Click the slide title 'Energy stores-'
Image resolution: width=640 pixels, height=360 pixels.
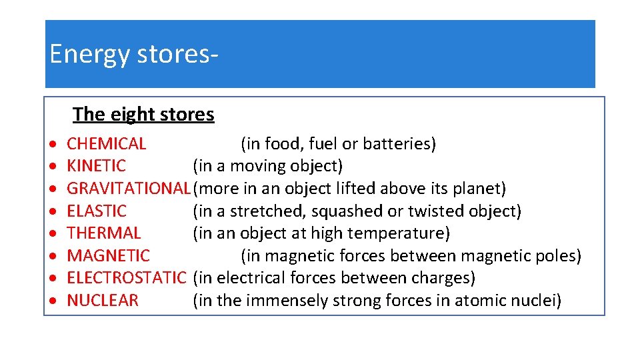(x=133, y=54)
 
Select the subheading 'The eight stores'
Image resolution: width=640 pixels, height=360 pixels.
(x=143, y=115)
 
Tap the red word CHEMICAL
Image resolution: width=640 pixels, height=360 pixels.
(x=107, y=144)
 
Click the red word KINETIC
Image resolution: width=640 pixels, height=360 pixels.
(x=97, y=166)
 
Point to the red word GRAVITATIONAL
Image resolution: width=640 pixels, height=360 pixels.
(x=129, y=189)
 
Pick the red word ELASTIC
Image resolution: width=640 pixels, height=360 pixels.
(x=97, y=211)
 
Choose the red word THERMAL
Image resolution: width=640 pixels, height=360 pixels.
(x=104, y=233)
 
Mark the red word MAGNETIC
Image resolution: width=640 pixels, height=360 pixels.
(x=109, y=256)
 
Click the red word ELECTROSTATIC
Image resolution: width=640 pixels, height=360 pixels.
(x=126, y=278)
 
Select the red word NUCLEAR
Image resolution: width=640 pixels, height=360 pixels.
(x=103, y=301)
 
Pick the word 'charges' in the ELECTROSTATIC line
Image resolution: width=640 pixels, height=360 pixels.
(x=444, y=278)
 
